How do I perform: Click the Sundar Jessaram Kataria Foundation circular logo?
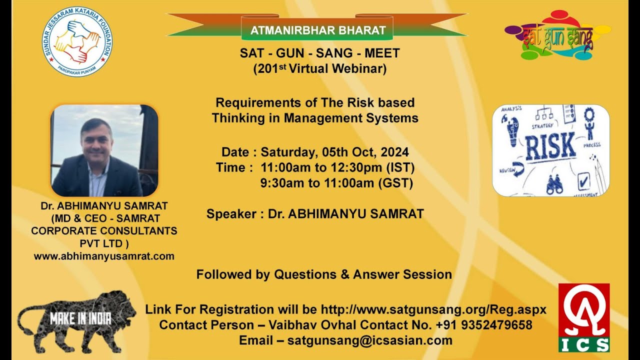(x=77, y=41)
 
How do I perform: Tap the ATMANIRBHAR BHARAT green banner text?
(x=318, y=30)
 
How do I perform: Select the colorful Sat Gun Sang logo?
(x=557, y=35)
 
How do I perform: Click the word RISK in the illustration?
(x=550, y=145)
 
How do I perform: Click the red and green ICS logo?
(x=584, y=317)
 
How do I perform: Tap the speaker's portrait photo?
(x=104, y=150)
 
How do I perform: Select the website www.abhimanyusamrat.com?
(x=104, y=256)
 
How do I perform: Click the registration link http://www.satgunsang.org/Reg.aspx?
(x=433, y=309)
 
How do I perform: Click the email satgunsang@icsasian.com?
(x=370, y=340)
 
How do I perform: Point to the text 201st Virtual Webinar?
(x=320, y=68)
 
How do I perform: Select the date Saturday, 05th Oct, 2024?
(x=334, y=152)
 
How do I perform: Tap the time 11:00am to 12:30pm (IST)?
(x=337, y=167)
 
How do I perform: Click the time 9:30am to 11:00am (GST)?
(x=336, y=183)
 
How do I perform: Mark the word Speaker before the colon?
(x=230, y=214)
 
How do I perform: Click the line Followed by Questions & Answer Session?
(x=324, y=274)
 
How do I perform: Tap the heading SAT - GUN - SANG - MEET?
(x=320, y=53)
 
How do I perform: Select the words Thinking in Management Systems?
(x=315, y=118)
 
